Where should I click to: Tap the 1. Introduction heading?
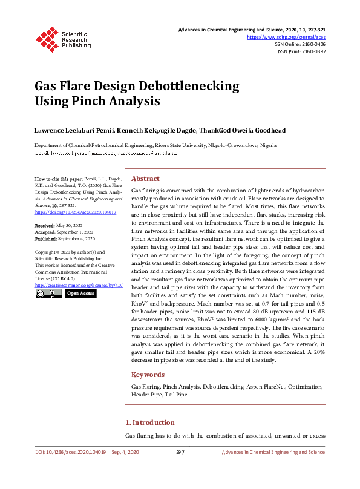[149, 422]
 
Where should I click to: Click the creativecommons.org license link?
[79, 284]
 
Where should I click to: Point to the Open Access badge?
[80, 293]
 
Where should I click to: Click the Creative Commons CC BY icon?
[48, 293]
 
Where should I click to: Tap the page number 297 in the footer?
[180, 452]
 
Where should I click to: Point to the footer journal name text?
[273, 452]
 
